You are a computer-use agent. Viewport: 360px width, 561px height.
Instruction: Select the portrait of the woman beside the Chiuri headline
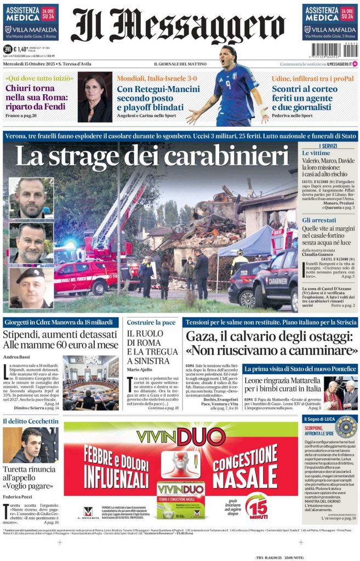[x=94, y=97]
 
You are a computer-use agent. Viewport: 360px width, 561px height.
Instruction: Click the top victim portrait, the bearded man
[x=31, y=198]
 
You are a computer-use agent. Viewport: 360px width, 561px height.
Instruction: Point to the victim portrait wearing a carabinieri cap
[x=31, y=287]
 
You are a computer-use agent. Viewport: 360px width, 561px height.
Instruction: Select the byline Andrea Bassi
[x=16, y=357]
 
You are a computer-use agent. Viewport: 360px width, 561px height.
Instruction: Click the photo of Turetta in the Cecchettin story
[x=31, y=444]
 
